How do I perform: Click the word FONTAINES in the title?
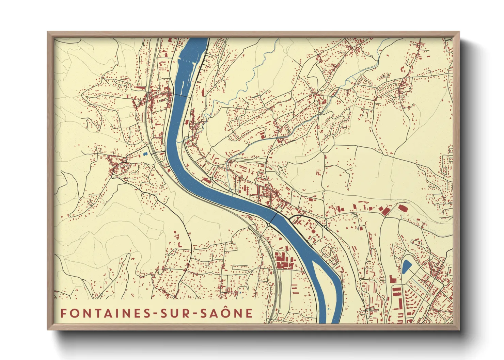click(104, 313)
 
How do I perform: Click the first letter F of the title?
click(63, 313)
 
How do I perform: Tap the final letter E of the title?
click(249, 313)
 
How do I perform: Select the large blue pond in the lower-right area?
click(406, 267)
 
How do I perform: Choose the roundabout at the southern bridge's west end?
click(269, 225)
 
